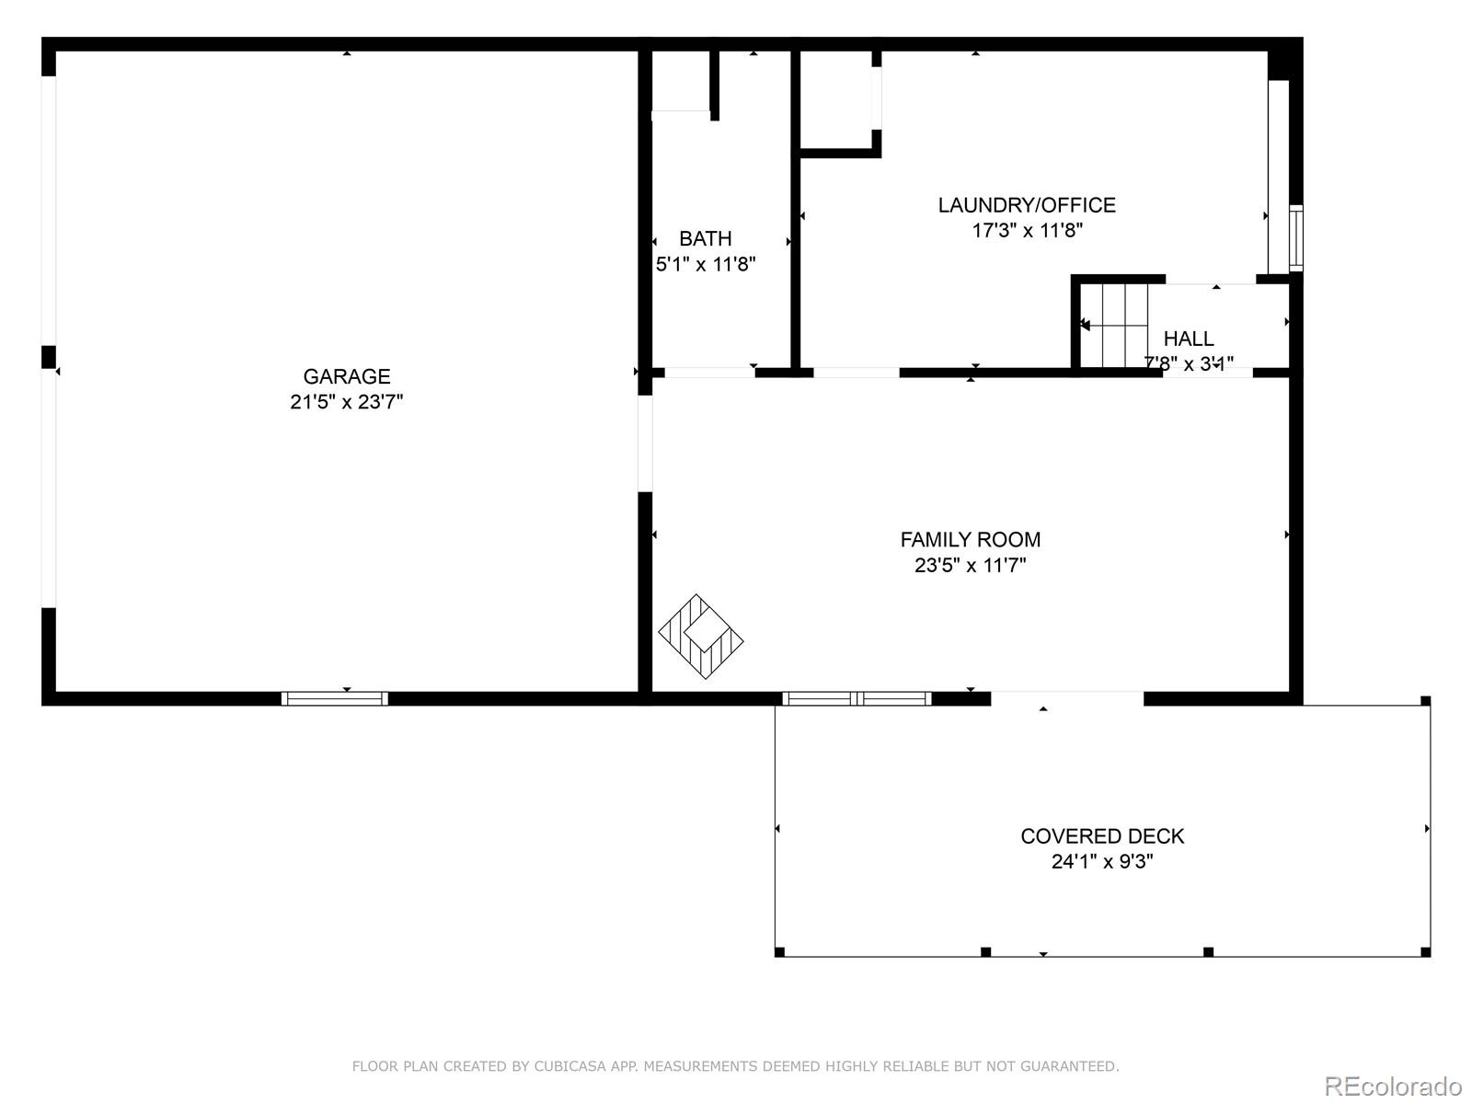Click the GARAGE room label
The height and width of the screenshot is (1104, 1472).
[x=347, y=376]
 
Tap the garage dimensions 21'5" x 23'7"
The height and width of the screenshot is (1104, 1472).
[x=347, y=402]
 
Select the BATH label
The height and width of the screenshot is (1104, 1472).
[x=706, y=239]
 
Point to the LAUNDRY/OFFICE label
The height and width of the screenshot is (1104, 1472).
[x=1027, y=205]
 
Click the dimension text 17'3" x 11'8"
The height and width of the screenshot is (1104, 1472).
[x=1027, y=231]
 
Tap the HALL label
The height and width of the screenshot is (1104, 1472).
[x=1189, y=339]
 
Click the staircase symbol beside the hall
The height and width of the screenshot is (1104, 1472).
[x=1114, y=325]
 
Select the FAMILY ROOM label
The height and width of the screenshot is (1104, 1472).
[x=971, y=540]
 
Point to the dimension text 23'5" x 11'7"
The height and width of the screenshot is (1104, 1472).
[x=971, y=565]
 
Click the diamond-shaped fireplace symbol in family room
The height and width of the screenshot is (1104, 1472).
[x=701, y=637]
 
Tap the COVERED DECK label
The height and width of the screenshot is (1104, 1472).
[x=1102, y=836]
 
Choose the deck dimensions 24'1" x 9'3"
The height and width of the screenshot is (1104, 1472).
[x=1102, y=862]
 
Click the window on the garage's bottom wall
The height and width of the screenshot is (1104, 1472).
[x=334, y=698]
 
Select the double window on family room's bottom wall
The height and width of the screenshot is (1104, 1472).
[x=857, y=698]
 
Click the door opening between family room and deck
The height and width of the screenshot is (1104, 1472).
[x=1067, y=698]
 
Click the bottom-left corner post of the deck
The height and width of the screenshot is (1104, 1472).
[x=780, y=951]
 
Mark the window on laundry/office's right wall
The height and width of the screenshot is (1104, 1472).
[x=1296, y=237]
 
